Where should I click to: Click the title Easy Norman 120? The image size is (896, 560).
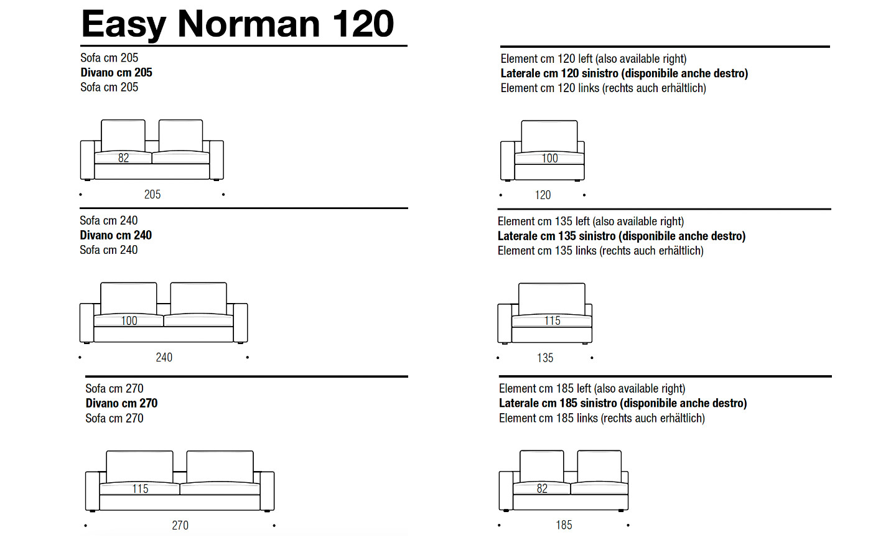pos(238,24)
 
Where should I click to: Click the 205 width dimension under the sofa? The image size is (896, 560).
pos(152,194)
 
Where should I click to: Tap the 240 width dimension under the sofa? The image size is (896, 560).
pos(164,357)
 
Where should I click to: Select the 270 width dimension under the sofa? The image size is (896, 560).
pos(180,525)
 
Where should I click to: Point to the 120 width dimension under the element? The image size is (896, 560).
pos(543,195)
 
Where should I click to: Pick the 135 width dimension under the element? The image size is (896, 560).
pos(545,358)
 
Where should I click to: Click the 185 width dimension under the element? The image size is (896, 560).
pos(564,525)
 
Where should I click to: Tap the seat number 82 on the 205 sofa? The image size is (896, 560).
pos(124,158)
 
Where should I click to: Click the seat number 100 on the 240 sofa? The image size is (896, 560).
pos(129,321)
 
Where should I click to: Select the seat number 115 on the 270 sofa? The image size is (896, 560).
pos(141,489)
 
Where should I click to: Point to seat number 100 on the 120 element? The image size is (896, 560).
pos(549,159)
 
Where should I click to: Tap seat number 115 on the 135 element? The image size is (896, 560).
pos(553,321)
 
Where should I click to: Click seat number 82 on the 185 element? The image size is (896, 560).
pos(542,488)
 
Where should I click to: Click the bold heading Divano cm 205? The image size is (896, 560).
pos(116,72)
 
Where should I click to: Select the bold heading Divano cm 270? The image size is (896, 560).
pos(121,403)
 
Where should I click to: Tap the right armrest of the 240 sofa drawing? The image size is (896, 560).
pos(240,323)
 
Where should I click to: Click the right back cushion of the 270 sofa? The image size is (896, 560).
pos(220,467)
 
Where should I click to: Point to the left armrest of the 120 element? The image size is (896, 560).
pos(508,161)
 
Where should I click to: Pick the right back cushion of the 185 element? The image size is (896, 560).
pos(599,467)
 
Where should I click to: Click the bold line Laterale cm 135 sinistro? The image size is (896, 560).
pos(556,236)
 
